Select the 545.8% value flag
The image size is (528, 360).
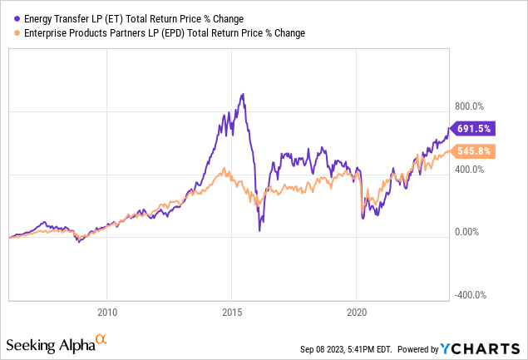tap(476, 151)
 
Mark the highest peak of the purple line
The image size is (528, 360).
tap(242, 94)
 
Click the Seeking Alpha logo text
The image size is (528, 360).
tap(48, 343)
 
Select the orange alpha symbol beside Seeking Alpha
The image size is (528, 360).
tap(101, 340)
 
